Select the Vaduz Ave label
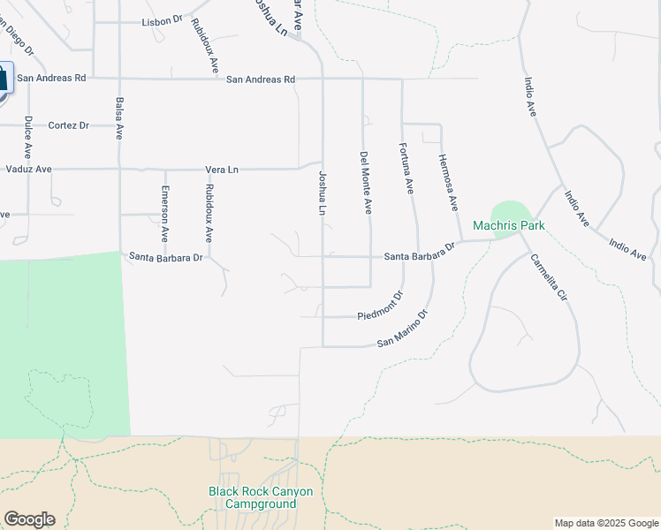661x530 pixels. coord(29,169)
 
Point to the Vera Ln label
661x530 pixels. coord(222,169)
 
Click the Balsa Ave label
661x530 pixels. coord(118,119)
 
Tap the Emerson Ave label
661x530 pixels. coord(164,214)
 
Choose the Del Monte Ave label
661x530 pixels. coord(366,182)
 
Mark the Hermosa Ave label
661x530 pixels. coord(448,183)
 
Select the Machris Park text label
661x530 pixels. coord(508,226)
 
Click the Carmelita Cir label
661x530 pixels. coord(548,279)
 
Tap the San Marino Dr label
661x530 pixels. coord(402,329)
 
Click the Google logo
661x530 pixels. coord(29,519)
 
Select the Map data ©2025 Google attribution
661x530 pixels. coord(606,523)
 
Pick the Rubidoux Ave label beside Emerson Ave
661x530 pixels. coord(209,214)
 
